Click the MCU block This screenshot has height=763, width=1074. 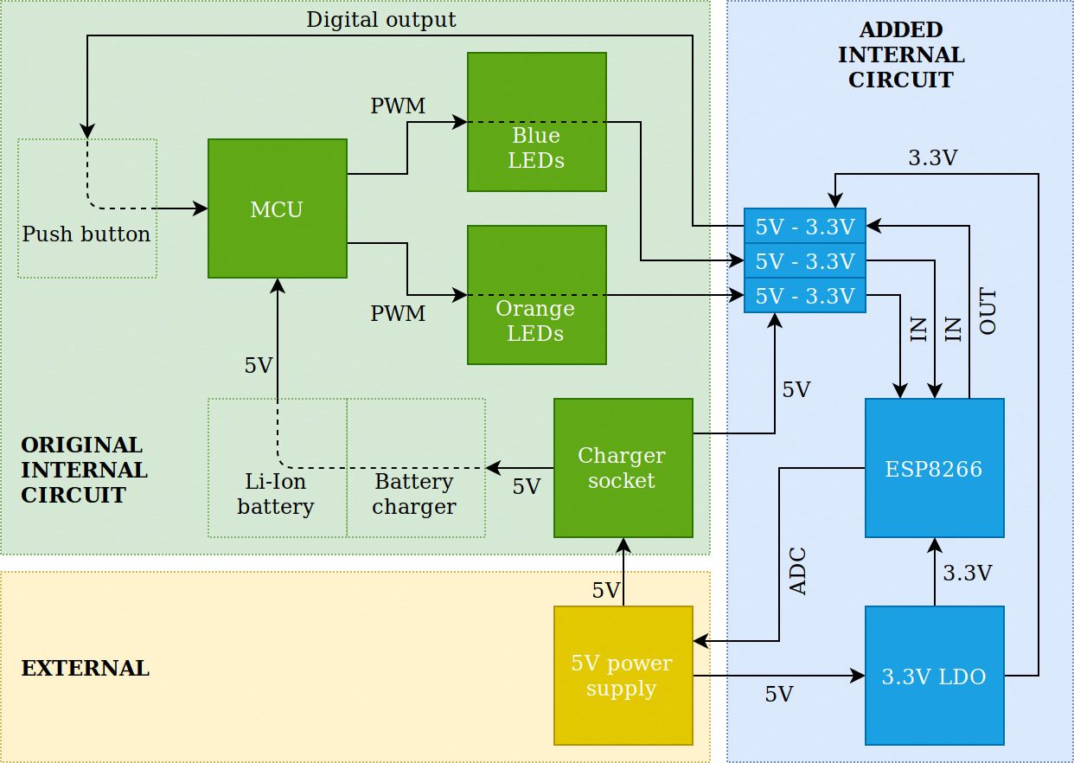(277, 208)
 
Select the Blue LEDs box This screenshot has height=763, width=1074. (536, 122)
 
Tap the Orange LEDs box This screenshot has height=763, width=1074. (536, 295)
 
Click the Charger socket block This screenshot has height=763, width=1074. (623, 468)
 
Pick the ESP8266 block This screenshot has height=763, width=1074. (935, 468)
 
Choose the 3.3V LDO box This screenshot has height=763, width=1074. (935, 676)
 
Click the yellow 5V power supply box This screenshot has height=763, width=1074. (623, 676)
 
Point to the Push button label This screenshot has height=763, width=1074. (86, 234)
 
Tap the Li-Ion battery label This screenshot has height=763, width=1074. (275, 494)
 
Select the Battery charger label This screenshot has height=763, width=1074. (414, 494)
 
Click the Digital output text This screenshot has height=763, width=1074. (381, 20)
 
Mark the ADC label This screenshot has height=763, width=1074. (798, 571)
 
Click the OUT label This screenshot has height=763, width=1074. (988, 311)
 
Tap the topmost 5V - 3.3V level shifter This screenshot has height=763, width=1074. (805, 226)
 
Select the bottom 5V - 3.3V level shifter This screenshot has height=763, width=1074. (805, 295)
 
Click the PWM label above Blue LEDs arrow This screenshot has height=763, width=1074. (398, 106)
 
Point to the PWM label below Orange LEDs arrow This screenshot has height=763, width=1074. (398, 314)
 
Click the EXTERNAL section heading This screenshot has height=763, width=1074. (86, 669)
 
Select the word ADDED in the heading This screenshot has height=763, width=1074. (901, 30)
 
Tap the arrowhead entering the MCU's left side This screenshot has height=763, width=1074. (200, 208)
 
